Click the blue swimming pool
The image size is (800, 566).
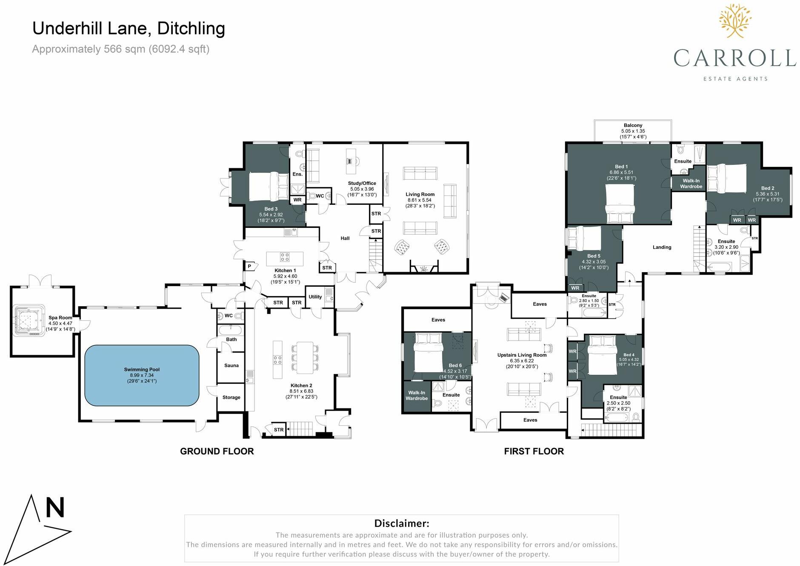pos(142,376)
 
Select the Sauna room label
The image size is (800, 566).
pos(231,365)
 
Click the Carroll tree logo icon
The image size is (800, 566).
pos(735,20)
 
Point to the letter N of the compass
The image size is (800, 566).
pos(55,508)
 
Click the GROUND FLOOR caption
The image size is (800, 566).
pos(217,451)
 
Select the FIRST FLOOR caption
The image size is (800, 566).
pos(534,451)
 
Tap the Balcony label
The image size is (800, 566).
pos(633,125)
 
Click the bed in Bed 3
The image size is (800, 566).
pos(269,187)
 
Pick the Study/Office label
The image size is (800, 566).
pos(362,183)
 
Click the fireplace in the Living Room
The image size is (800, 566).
pos(424,268)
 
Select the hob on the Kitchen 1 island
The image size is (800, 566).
pos(285,257)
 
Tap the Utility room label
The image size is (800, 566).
pos(315,297)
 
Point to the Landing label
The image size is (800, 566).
pos(662,247)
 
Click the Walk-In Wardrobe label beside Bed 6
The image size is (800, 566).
pos(417,396)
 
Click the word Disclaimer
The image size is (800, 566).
pos(401,523)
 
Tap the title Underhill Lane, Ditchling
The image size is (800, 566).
pos(129,29)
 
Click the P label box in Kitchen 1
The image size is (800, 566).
pos(250,267)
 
